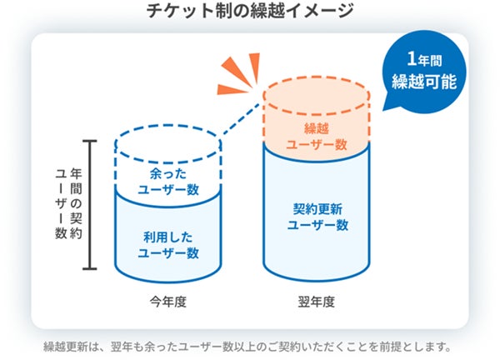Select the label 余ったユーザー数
pos(167,181)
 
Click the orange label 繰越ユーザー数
pos(317,136)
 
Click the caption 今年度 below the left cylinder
pos(169,302)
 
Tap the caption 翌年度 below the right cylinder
pos(317,302)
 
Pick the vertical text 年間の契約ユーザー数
pos(67,205)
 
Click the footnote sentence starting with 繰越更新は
pos(249,345)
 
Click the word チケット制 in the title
pos(182,12)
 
